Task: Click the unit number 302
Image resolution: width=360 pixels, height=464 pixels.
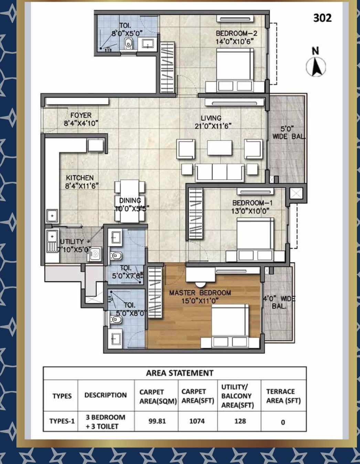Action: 322,18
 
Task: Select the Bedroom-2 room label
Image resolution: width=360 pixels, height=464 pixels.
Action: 236,33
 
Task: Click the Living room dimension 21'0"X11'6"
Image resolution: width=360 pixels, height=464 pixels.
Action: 213,126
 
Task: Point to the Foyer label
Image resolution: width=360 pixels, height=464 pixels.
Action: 81,115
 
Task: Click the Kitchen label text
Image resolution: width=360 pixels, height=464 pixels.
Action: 80,178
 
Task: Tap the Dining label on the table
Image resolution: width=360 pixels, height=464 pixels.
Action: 130,200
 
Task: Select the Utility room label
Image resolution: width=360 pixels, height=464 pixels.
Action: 72,242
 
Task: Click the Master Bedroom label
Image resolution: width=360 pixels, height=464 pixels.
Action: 200,293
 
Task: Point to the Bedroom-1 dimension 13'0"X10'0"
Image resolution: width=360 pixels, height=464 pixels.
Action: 250,211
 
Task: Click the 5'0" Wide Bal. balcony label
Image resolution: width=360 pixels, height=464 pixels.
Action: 289,133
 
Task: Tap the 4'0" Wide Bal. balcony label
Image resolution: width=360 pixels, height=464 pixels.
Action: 279,303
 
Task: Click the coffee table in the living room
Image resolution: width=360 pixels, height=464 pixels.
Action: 219,148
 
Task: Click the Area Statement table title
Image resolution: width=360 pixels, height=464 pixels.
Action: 180,373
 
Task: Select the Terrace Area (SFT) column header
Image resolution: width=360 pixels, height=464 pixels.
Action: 283,396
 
